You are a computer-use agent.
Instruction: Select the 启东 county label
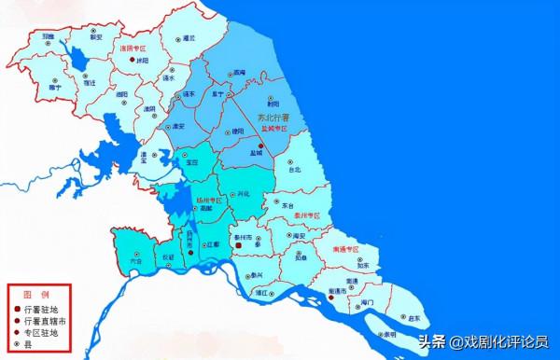pyautogui.click(x=413, y=318)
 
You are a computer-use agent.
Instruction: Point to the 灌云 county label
pyautogui.click(x=189, y=38)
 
